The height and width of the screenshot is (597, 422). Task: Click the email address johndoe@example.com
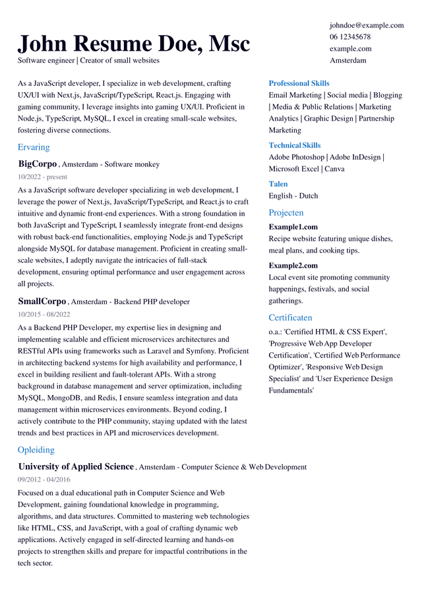click(x=367, y=25)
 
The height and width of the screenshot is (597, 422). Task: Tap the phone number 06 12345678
click(x=350, y=37)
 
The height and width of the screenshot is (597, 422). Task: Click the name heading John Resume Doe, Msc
click(x=134, y=44)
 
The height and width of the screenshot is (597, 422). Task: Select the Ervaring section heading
click(x=34, y=147)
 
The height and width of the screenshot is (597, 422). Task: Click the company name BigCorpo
click(x=38, y=164)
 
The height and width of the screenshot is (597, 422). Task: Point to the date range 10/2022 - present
click(x=42, y=177)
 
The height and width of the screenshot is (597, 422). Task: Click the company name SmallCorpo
click(x=42, y=301)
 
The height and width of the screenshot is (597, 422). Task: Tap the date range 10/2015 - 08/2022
click(x=44, y=315)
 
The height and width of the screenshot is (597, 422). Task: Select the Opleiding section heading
click(x=36, y=450)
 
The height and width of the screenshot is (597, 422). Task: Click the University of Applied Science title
click(x=76, y=466)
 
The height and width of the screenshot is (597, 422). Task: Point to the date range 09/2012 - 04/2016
click(x=44, y=480)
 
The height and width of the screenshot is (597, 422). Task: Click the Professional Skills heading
click(x=299, y=83)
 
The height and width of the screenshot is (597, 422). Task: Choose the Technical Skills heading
click(x=295, y=145)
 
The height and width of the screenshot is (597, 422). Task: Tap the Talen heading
click(x=278, y=184)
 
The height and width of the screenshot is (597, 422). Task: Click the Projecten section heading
click(x=286, y=212)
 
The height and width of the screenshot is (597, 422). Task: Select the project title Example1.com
click(x=293, y=227)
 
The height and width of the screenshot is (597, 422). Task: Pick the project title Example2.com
click(x=293, y=265)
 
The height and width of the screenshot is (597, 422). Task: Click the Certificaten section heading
click(x=290, y=317)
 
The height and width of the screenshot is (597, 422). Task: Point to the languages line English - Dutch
click(x=293, y=196)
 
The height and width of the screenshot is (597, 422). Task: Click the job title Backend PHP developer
click(x=152, y=302)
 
